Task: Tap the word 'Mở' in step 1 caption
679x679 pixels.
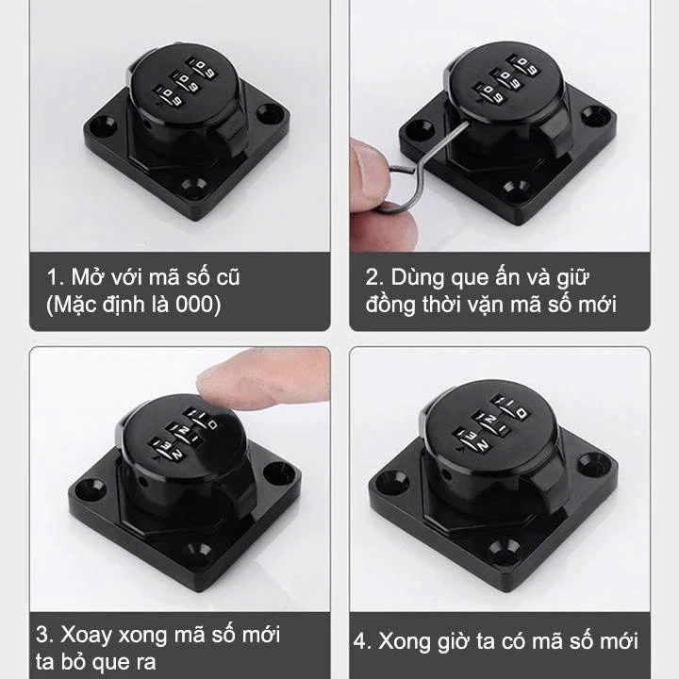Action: coord(85,276)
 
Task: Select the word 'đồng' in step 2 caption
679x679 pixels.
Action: coord(390,305)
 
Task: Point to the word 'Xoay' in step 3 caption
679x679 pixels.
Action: coord(87,635)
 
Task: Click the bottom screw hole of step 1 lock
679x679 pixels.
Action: coord(192,187)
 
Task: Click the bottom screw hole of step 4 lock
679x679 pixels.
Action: coord(504,549)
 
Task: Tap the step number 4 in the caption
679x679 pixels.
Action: coord(359,641)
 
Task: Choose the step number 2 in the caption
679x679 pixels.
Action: coord(372,277)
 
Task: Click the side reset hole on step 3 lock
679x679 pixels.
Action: coord(143,481)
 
